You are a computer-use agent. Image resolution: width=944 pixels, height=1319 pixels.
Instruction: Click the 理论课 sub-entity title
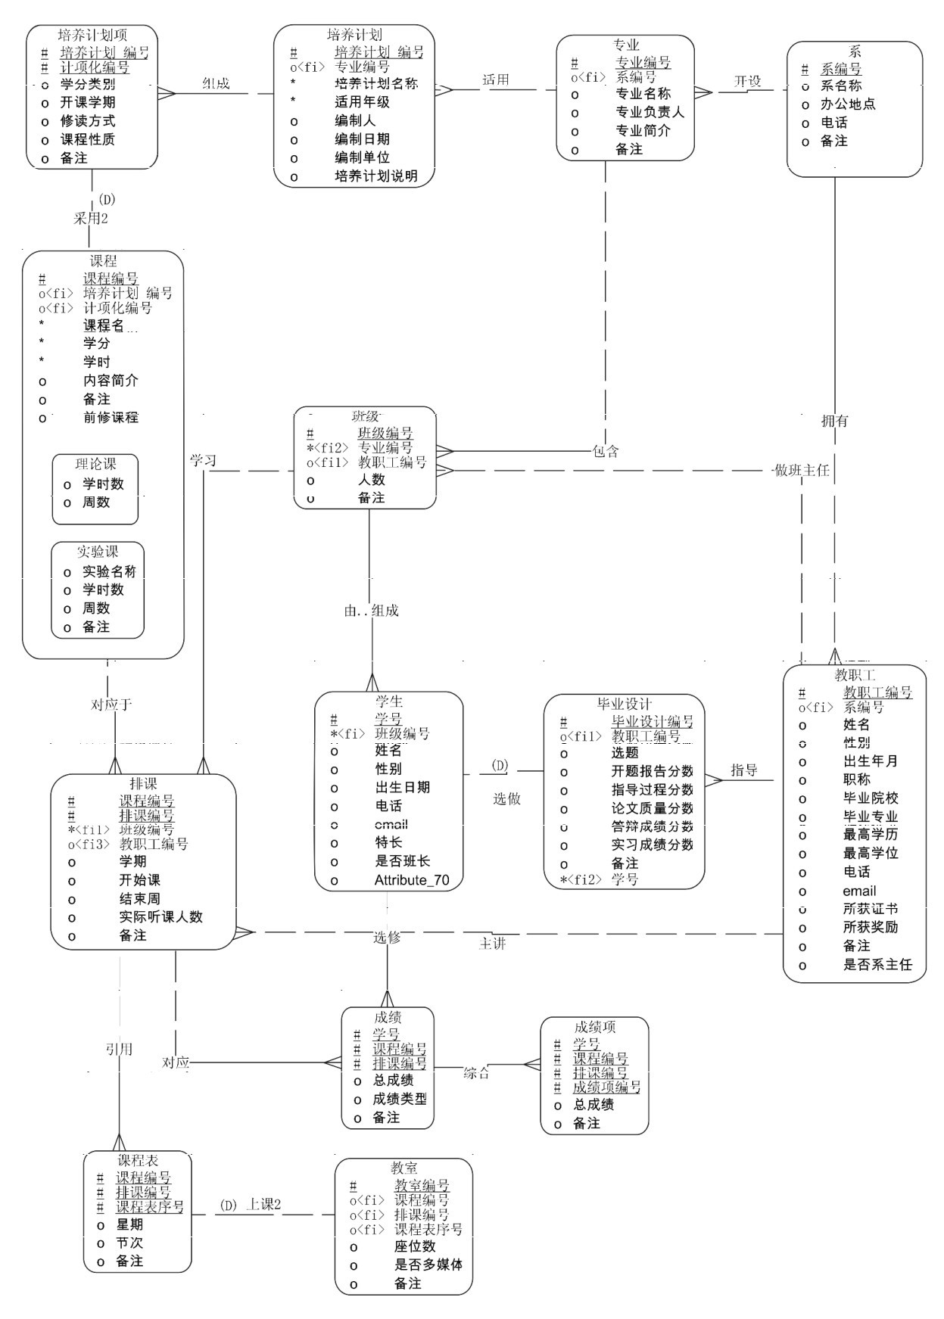click(x=95, y=463)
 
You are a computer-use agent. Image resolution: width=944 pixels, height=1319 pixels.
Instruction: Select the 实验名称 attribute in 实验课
click(x=109, y=571)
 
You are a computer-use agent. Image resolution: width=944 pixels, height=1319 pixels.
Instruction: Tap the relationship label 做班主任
click(x=802, y=470)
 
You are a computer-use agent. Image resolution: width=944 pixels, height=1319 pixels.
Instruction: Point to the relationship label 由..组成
click(x=371, y=611)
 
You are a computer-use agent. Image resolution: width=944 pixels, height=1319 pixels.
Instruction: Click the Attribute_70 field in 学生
click(x=411, y=880)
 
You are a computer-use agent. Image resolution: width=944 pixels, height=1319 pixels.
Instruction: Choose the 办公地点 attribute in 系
click(x=848, y=104)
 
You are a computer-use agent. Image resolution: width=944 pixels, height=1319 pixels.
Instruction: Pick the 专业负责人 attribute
click(x=650, y=112)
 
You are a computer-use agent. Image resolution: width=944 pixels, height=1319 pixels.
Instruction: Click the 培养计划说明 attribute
click(x=376, y=176)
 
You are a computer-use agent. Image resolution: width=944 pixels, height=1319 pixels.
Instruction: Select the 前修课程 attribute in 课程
click(x=111, y=418)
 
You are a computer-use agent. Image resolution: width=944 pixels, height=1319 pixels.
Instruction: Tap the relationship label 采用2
click(x=90, y=219)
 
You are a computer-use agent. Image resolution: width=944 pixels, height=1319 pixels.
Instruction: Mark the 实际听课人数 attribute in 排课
click(x=160, y=917)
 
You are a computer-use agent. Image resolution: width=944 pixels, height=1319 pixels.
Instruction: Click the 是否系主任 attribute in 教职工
click(x=877, y=965)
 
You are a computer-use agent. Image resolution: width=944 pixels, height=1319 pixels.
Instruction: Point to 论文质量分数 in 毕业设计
click(x=652, y=808)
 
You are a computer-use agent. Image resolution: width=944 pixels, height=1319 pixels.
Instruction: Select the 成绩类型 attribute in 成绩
click(x=399, y=1099)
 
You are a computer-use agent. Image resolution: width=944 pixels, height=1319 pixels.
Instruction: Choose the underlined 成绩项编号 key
click(x=606, y=1087)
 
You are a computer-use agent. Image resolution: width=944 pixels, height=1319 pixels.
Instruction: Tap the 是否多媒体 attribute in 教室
click(x=428, y=1265)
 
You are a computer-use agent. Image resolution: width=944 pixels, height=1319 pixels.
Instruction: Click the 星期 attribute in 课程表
click(x=129, y=1224)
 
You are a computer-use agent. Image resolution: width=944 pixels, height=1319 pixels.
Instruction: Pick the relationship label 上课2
click(x=263, y=1205)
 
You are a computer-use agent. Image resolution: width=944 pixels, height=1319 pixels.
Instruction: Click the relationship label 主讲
click(x=492, y=944)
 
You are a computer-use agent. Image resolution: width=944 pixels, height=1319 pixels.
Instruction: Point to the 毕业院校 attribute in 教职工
click(x=871, y=798)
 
